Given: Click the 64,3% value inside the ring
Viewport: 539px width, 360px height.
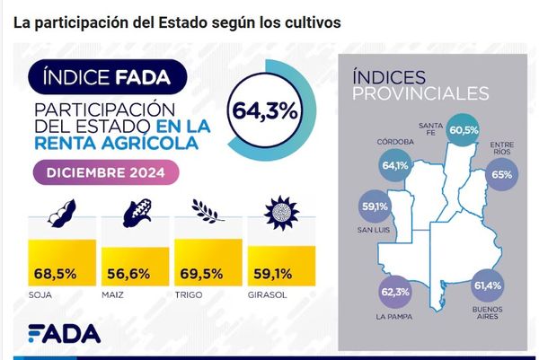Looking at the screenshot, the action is click(x=265, y=110).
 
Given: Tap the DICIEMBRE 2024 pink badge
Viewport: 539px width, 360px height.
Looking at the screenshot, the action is click(x=106, y=172).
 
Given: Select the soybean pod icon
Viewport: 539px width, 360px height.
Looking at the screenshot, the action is click(x=62, y=213).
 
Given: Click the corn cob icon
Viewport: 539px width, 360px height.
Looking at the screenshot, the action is click(x=137, y=213).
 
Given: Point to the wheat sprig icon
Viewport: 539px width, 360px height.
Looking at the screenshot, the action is click(x=208, y=210).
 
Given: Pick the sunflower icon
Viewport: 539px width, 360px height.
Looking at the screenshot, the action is click(x=281, y=213).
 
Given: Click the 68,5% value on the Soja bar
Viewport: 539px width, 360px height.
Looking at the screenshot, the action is click(x=56, y=274).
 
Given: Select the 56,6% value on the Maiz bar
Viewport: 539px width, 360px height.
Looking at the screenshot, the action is click(x=128, y=274).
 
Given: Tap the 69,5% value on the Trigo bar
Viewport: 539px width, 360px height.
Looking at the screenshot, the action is click(x=202, y=274).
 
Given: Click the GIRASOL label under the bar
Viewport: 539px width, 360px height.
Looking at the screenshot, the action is click(x=267, y=294).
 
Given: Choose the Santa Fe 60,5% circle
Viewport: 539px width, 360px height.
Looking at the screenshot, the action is click(x=464, y=130).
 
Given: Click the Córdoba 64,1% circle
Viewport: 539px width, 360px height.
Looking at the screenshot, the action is click(x=395, y=165).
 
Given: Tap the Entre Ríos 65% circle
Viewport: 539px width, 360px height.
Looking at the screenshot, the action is click(x=501, y=174).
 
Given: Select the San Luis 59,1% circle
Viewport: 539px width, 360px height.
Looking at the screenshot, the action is click(x=375, y=206).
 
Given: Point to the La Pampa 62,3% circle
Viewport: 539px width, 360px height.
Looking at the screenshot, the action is click(x=395, y=292).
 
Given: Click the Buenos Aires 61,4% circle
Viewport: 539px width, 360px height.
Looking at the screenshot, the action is click(x=488, y=285).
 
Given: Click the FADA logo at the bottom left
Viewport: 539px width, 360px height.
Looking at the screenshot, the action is click(x=65, y=333).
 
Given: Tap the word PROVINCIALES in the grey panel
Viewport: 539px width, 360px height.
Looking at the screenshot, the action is click(x=420, y=93).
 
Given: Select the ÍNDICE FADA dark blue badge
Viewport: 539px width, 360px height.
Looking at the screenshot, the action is click(x=108, y=77).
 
